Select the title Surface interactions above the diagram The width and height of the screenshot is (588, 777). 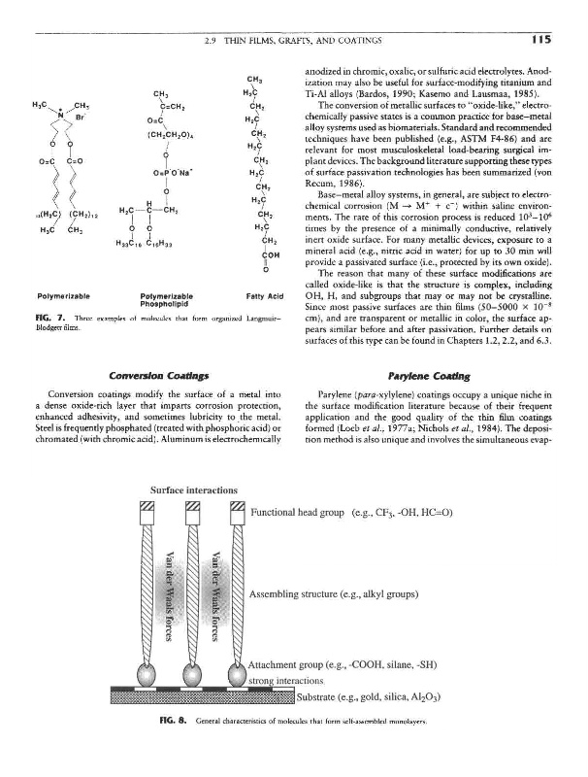[x=184, y=490]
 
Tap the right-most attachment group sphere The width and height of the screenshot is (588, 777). [x=236, y=673]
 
